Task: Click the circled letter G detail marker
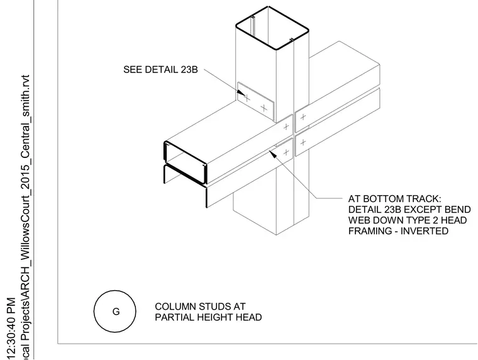point(115,312)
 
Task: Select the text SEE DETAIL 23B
point(160,70)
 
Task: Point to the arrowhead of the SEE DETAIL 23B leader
point(241,92)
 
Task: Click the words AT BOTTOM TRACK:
point(394,199)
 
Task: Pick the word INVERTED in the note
point(425,231)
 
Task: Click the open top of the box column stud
point(272,28)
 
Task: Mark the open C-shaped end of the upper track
point(186,162)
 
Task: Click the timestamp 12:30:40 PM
point(11,328)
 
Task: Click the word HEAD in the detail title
point(250,317)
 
